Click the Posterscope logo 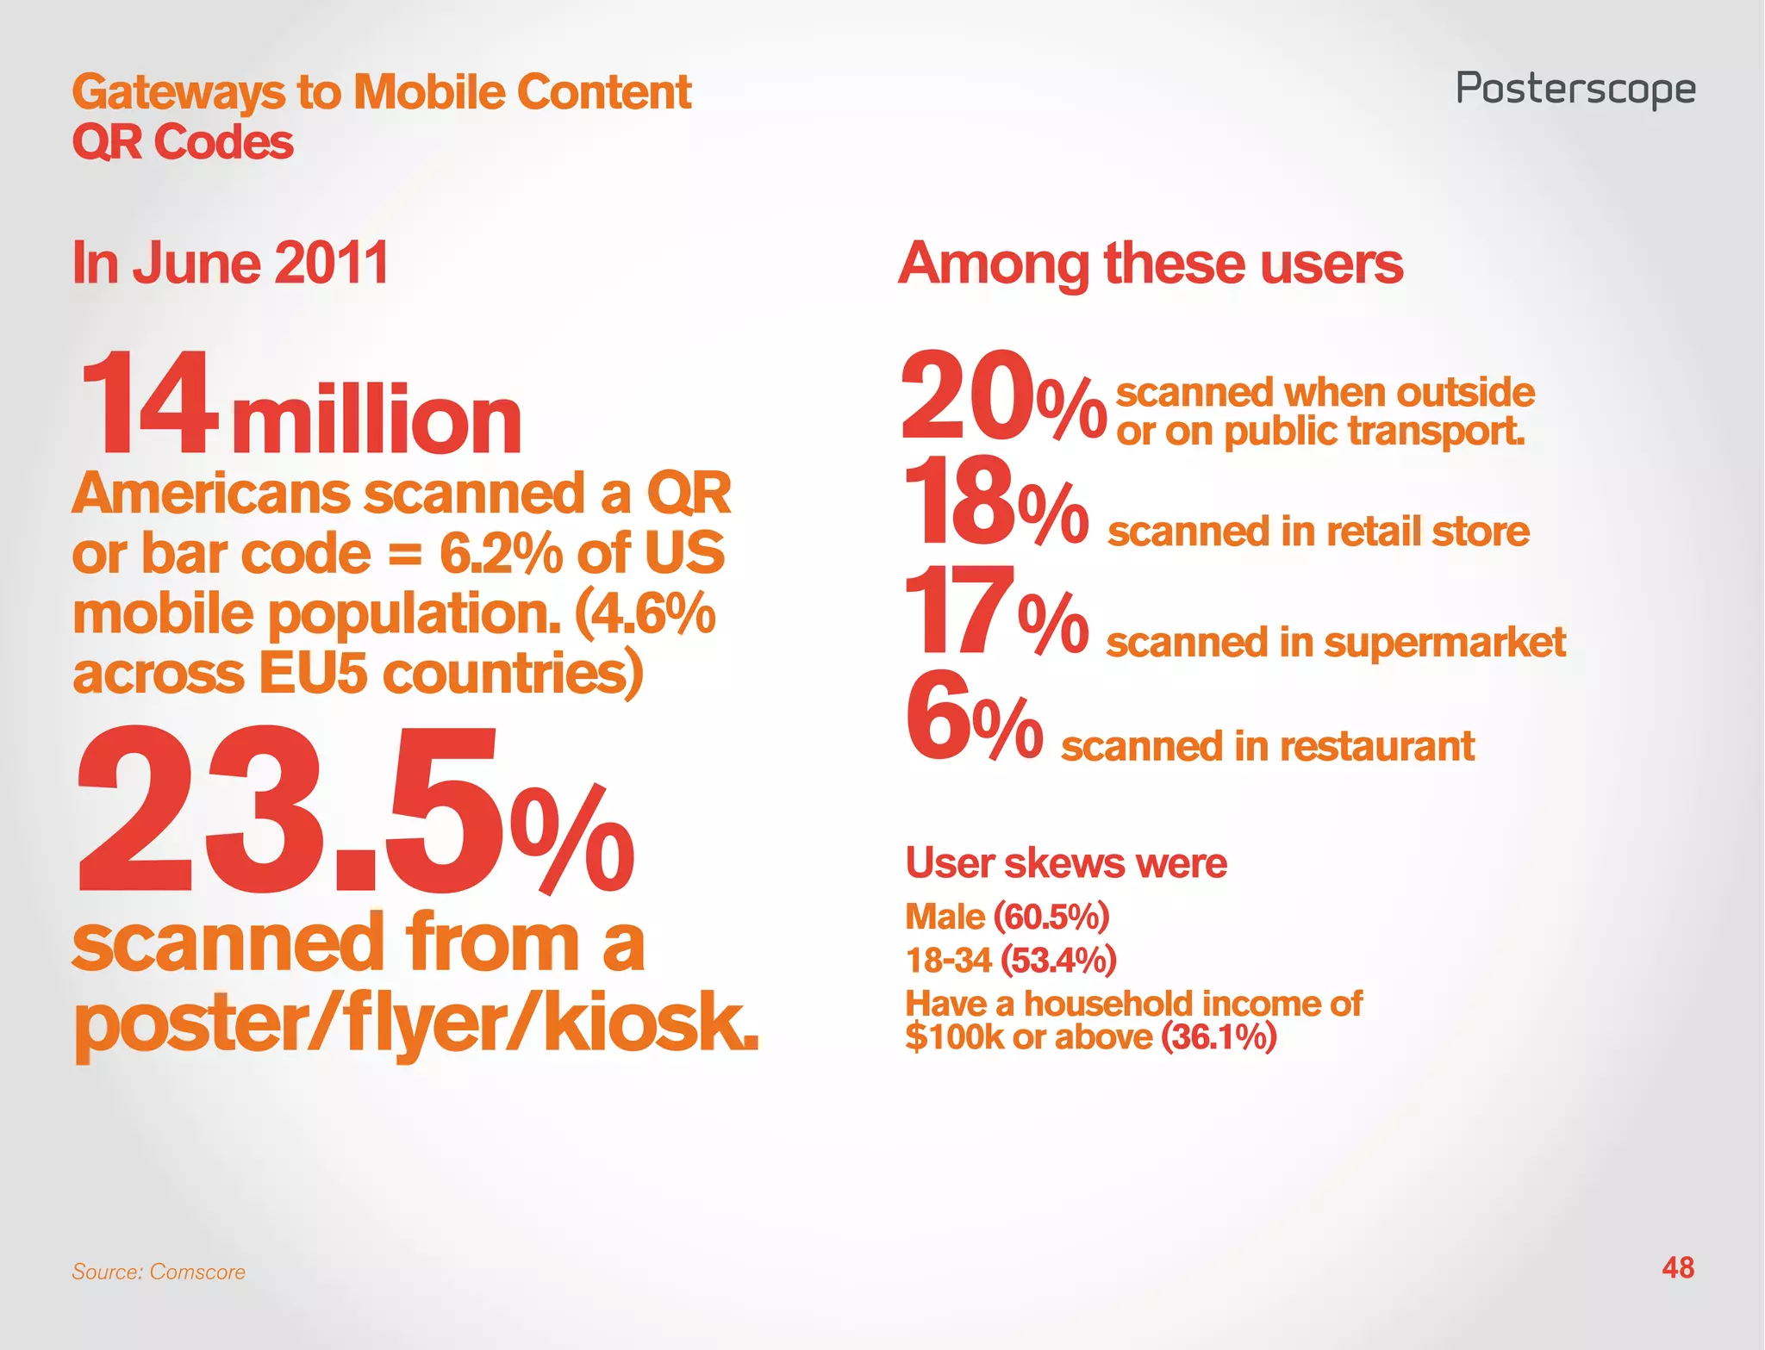point(1575,90)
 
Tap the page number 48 point(1678,1267)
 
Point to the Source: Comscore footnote point(159,1272)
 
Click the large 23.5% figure point(355,810)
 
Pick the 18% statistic point(995,504)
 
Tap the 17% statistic point(995,613)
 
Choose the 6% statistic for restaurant point(974,719)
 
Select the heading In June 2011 point(230,263)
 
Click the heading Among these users point(1151,263)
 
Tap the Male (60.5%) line point(1007,917)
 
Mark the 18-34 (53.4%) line point(1010,960)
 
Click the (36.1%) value point(1219,1036)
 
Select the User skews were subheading point(1066,862)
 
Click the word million point(377,421)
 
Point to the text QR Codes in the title point(183,142)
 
